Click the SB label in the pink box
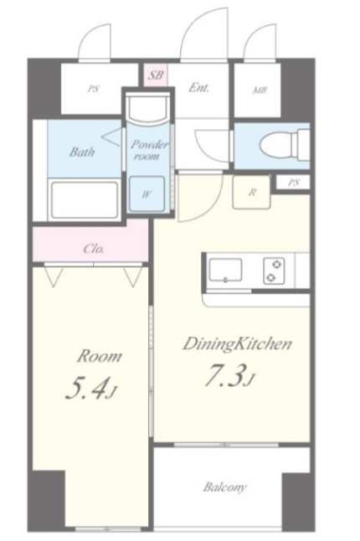(155, 75)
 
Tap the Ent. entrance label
(198, 88)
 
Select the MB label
(260, 90)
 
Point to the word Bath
(82, 152)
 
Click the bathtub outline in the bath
(85, 198)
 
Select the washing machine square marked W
(147, 193)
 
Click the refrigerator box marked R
(251, 192)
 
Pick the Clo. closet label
(94, 249)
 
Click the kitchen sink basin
(226, 270)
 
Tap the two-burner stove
(274, 270)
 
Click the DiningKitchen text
(238, 344)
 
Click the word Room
(100, 356)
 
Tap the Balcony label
(225, 487)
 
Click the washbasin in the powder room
(147, 109)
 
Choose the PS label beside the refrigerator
(293, 183)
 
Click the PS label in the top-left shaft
(93, 89)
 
